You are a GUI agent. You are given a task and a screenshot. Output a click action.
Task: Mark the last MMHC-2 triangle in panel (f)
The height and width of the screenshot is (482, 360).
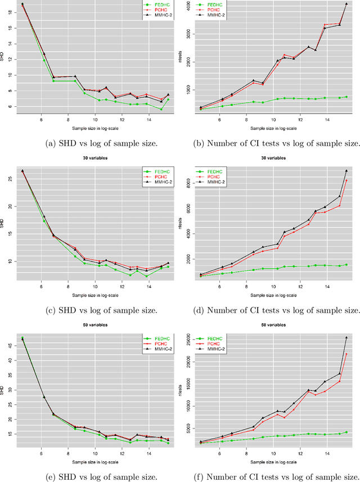click(346, 337)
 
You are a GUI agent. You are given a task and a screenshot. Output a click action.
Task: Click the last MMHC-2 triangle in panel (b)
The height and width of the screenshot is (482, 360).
click(346, 4)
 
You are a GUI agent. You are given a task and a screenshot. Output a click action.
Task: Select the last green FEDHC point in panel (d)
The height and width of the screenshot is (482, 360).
click(346, 264)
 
